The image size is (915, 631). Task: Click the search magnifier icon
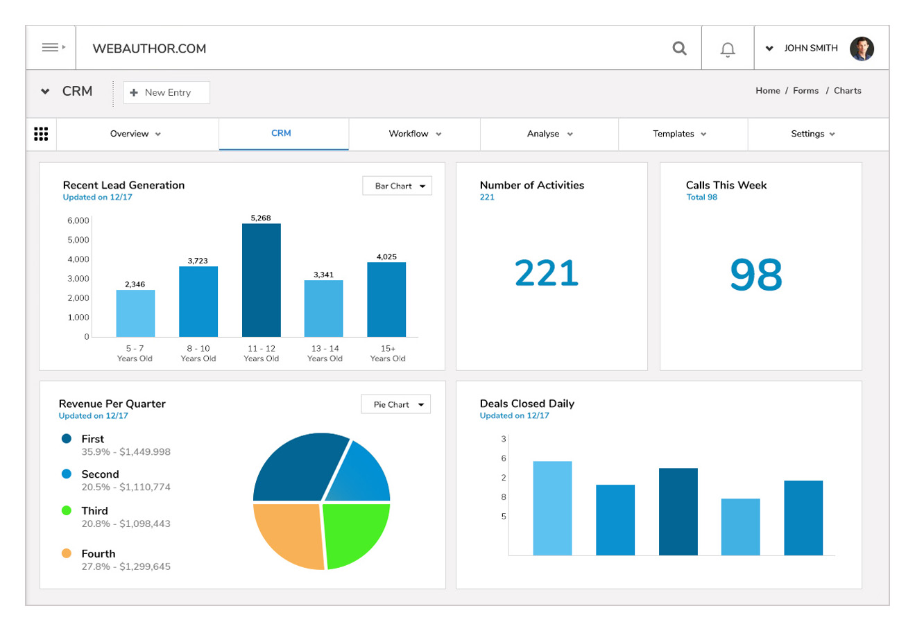click(680, 48)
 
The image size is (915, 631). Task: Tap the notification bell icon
click(728, 49)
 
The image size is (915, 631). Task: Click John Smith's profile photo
click(862, 49)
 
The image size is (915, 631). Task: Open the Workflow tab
click(414, 134)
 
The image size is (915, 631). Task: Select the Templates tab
click(679, 134)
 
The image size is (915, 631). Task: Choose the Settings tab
click(812, 134)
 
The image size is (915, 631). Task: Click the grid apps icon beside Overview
click(41, 134)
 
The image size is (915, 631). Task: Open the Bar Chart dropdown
click(397, 186)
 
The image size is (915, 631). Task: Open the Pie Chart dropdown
click(396, 404)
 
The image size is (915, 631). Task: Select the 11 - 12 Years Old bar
click(262, 280)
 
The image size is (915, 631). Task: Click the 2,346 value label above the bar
click(135, 284)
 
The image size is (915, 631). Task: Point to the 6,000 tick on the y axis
click(78, 221)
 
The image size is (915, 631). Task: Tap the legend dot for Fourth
click(67, 553)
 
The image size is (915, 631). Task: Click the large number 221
click(547, 273)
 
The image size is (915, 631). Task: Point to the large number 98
click(756, 275)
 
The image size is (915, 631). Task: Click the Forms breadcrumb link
click(805, 91)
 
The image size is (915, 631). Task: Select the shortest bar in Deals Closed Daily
click(740, 526)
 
